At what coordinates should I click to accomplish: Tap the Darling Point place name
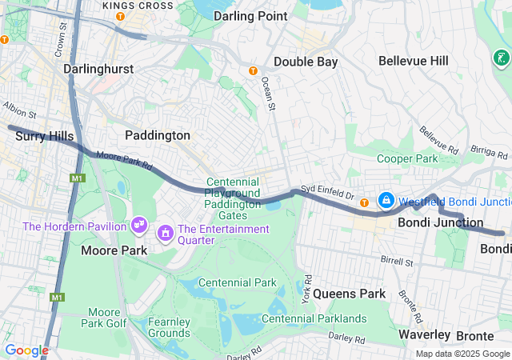click(250, 15)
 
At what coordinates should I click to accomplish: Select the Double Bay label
click(306, 62)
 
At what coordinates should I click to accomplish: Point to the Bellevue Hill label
click(414, 61)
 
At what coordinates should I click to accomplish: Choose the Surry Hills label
click(45, 137)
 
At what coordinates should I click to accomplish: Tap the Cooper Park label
click(406, 159)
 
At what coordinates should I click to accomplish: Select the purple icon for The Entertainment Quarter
click(166, 233)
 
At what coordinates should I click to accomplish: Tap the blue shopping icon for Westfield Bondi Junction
click(386, 200)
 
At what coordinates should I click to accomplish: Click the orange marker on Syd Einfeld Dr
click(365, 200)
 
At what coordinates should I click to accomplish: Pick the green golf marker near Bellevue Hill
click(501, 58)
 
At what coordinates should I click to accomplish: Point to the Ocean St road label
click(269, 93)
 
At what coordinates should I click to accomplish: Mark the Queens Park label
click(349, 294)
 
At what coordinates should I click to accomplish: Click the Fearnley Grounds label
click(169, 327)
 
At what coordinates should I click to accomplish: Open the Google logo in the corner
click(26, 350)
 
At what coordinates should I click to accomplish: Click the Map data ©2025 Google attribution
click(462, 354)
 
